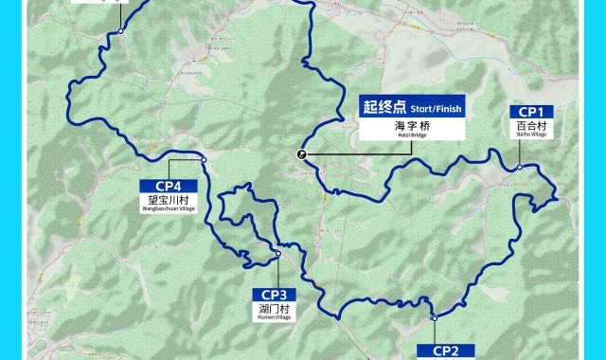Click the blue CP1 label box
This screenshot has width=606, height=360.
(530, 112)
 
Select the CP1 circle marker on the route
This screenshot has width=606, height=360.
(520, 168)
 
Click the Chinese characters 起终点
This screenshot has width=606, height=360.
(383, 108)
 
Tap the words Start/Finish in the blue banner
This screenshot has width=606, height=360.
(437, 109)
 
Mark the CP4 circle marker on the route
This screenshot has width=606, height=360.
(204, 159)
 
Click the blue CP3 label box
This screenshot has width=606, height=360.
(275, 294)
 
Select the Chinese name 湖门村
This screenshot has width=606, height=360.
(275, 308)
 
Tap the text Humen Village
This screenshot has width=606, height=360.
(275, 317)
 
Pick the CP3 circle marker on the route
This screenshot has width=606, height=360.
(278, 254)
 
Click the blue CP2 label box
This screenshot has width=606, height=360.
(446, 351)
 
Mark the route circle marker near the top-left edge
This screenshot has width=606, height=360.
(121, 32)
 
